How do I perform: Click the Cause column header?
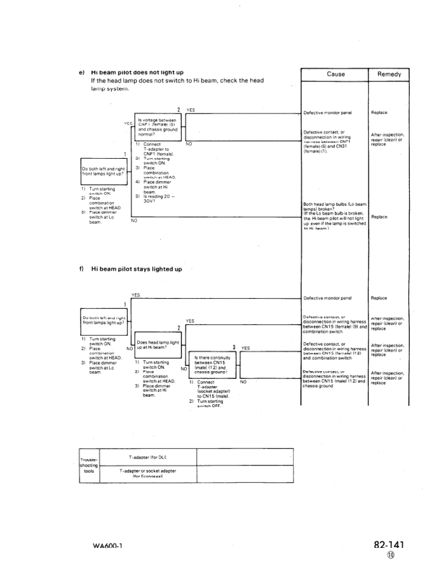(335, 74)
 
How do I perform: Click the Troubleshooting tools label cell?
(92, 466)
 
